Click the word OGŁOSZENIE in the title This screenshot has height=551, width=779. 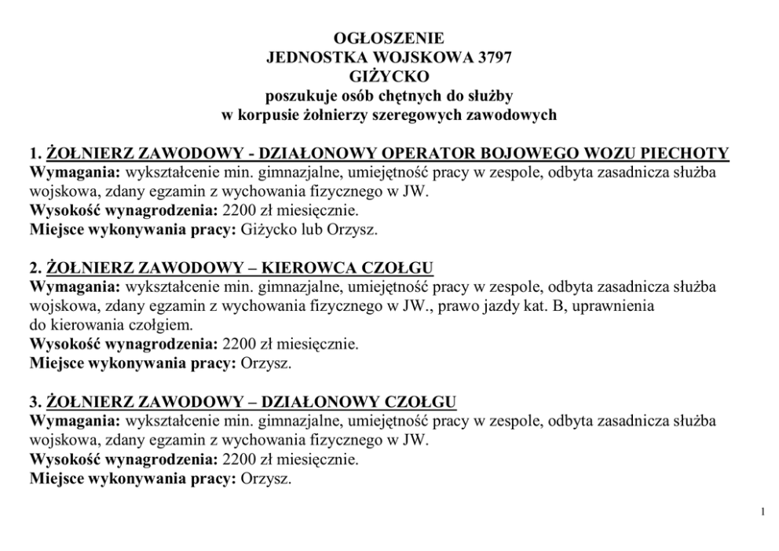[389, 38]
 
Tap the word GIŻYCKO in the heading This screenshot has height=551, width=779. [389, 76]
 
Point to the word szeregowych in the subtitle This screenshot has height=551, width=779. [429, 115]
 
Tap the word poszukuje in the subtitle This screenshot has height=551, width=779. [297, 96]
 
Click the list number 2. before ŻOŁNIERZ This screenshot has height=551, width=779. [35, 268]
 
